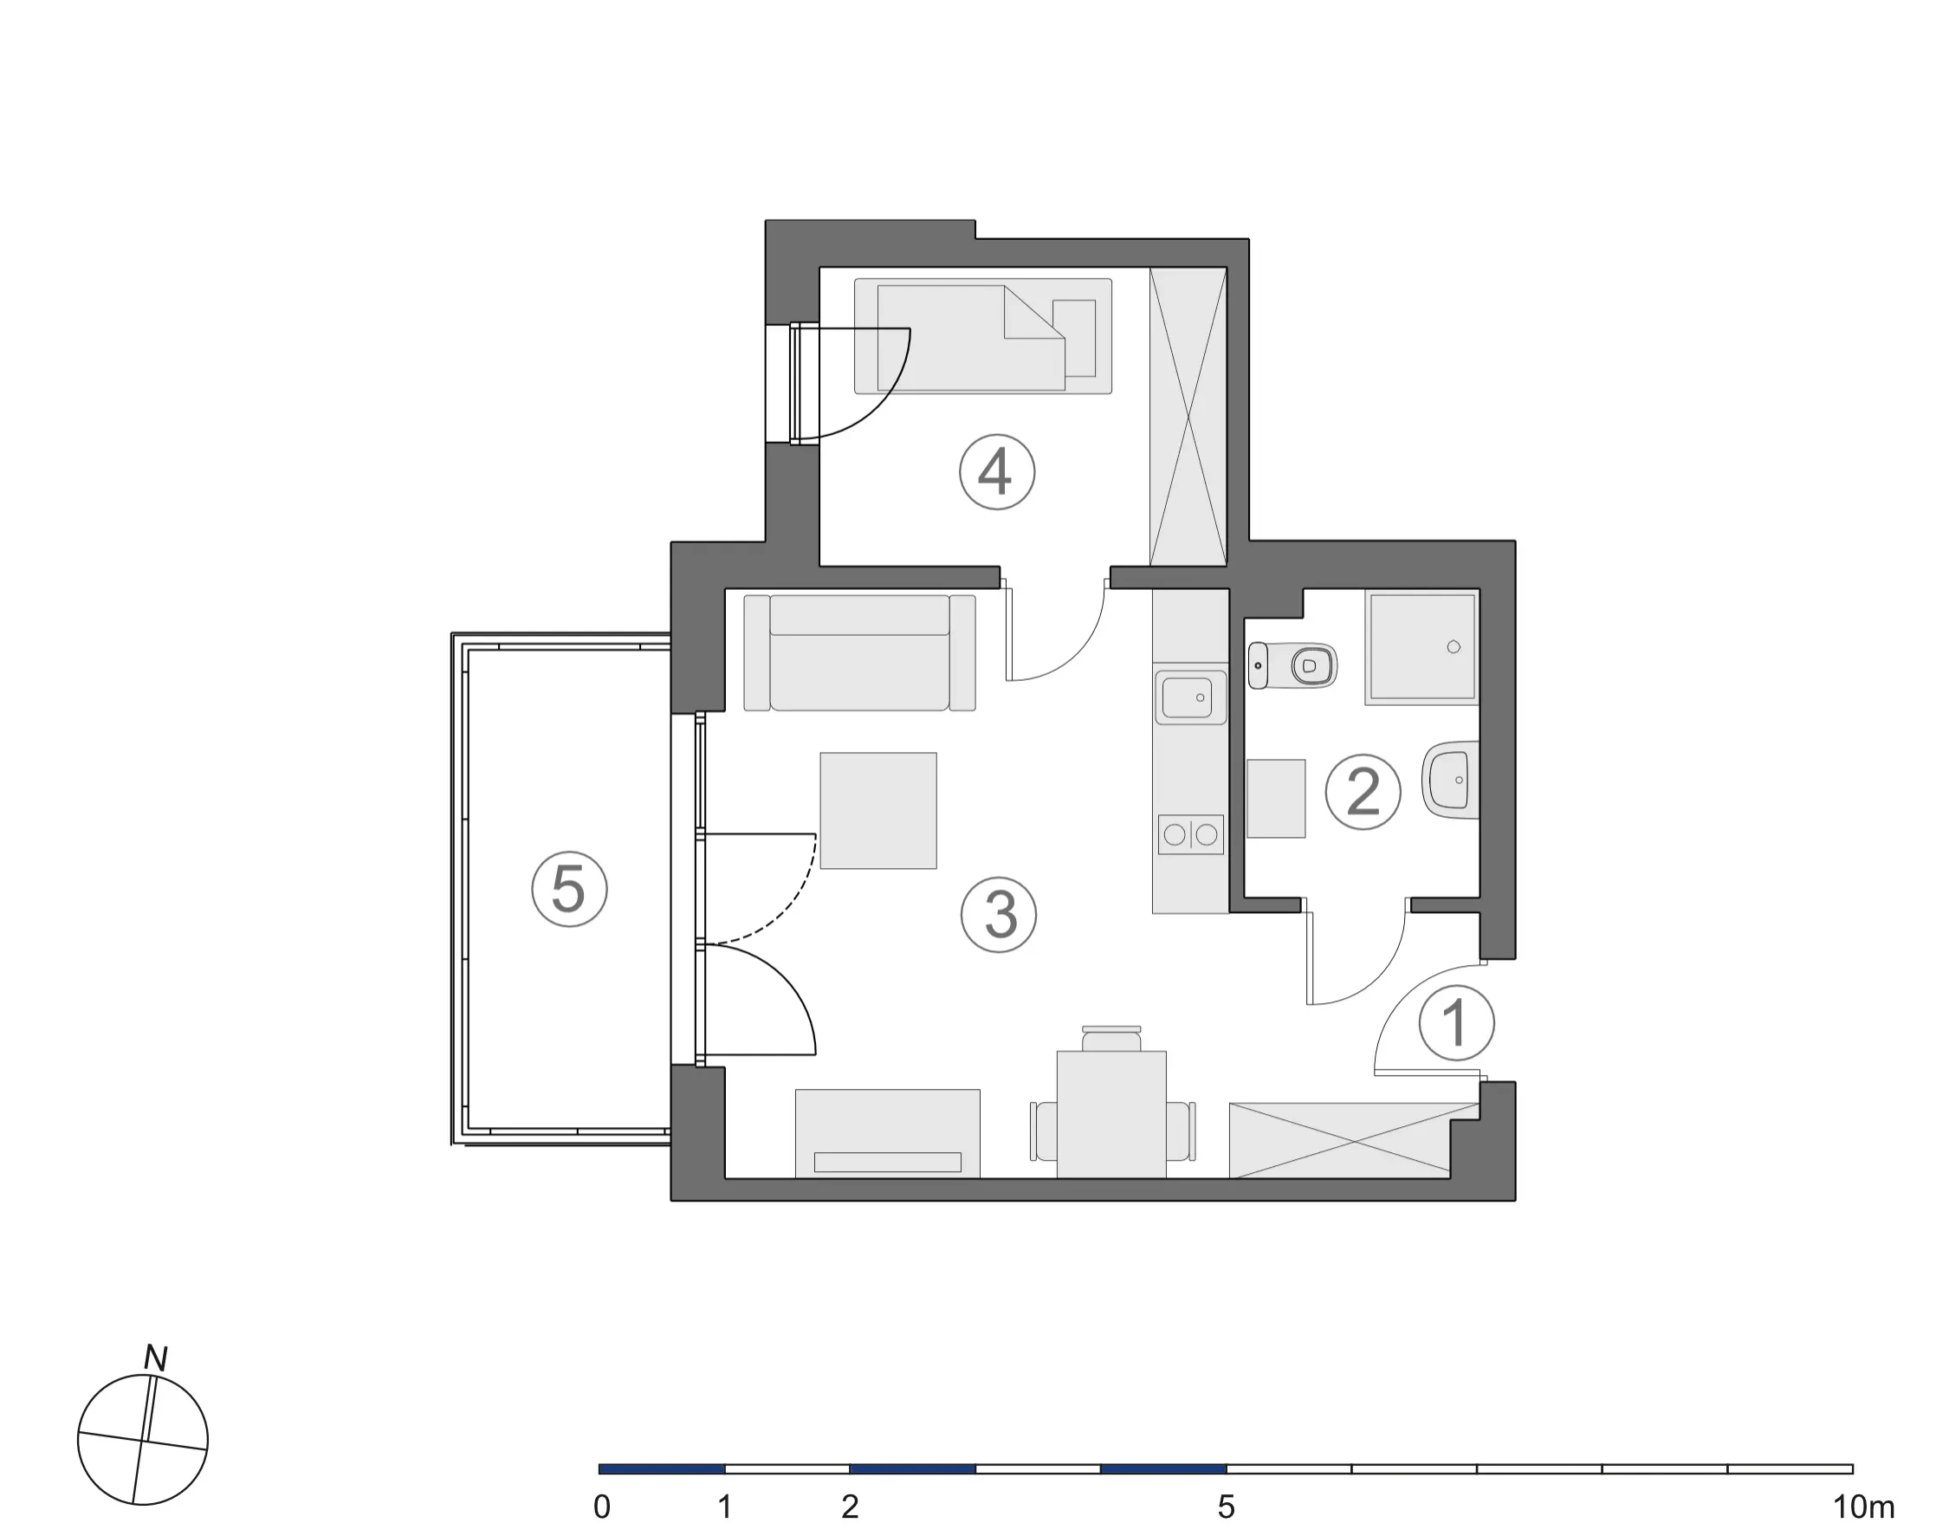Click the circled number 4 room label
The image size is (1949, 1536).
coord(997,472)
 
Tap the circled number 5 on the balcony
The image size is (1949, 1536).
coord(569,890)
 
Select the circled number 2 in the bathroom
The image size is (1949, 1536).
coord(1363,791)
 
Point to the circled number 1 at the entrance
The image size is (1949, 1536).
coord(1456,1023)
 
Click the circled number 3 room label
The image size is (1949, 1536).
coord(999,915)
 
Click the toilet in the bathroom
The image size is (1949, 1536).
coord(1292,665)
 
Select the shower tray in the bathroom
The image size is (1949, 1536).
coord(1421,646)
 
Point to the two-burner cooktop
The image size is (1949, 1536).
coord(1191,834)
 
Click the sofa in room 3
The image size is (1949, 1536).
coord(859,653)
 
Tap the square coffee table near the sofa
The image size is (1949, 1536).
coord(878,810)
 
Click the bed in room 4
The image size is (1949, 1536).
coord(982,335)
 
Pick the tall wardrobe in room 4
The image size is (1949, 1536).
coord(1188,417)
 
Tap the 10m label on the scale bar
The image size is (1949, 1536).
coord(1863,1507)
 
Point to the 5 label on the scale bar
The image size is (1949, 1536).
coord(1227,1507)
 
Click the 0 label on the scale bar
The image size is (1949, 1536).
coord(602,1507)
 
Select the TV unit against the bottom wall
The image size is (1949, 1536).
coord(887,1133)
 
